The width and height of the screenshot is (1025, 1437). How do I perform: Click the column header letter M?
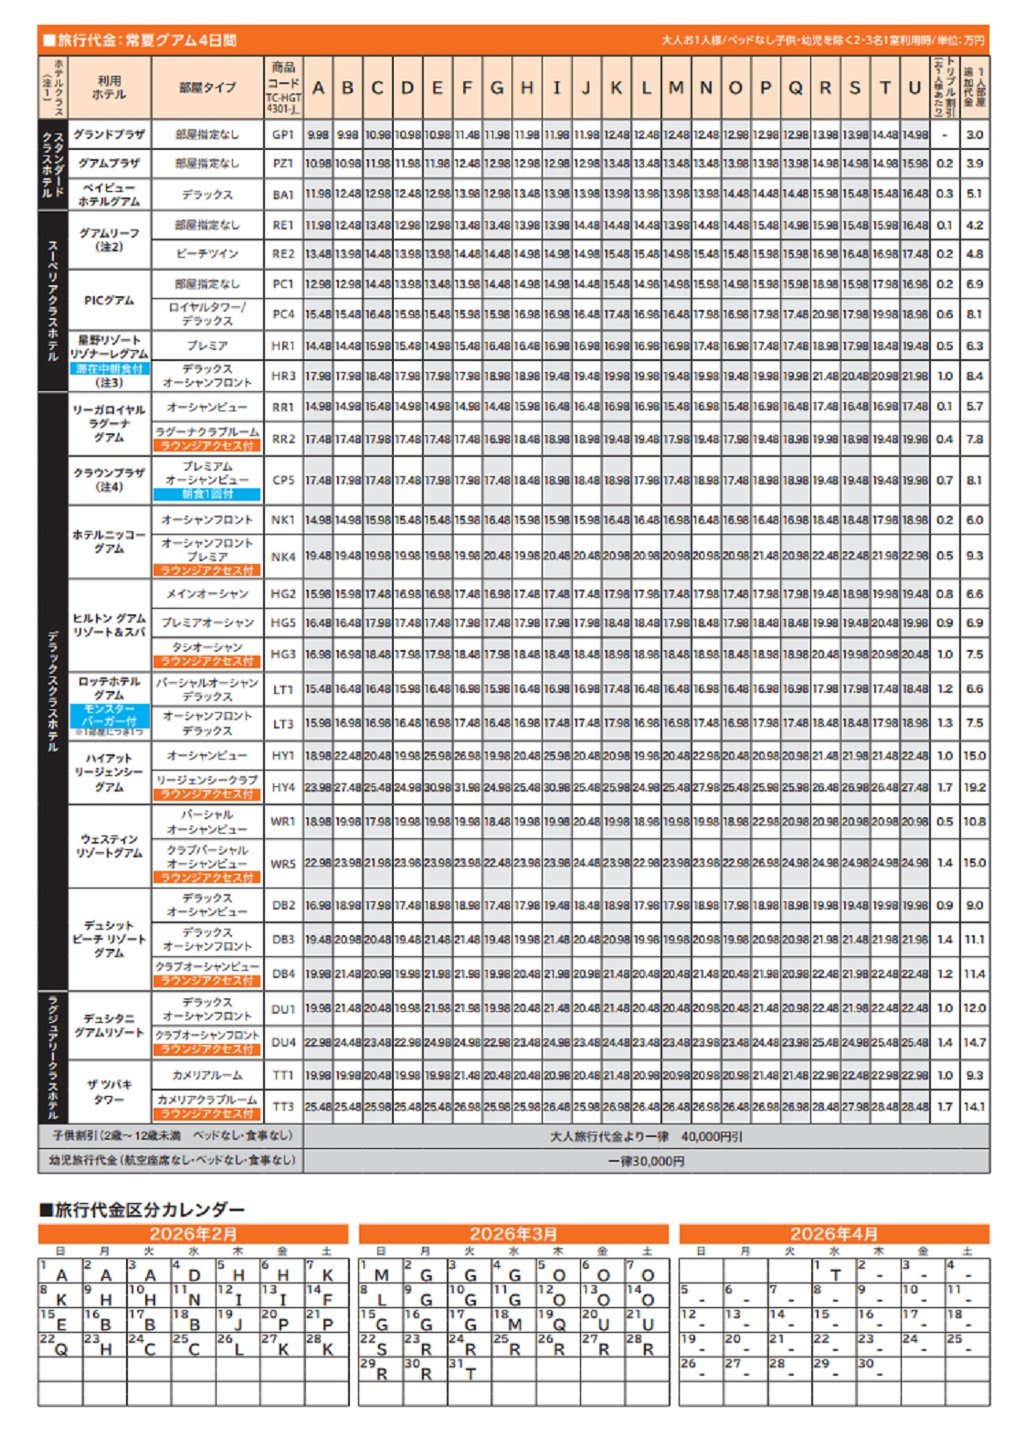[x=676, y=88]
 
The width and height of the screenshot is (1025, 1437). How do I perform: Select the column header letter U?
[x=914, y=88]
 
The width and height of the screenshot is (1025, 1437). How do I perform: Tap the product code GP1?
[x=283, y=134]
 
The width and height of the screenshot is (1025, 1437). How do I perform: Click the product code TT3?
[x=283, y=1106]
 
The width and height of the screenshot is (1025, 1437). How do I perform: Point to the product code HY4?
[x=283, y=787]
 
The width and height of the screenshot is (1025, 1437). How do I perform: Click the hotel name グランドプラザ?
[x=110, y=134]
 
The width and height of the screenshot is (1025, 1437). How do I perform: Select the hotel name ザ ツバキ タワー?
[x=110, y=1091]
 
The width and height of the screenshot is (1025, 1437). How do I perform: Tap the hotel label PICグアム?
[x=110, y=300]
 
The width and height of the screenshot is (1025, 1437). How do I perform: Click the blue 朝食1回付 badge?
[x=207, y=495]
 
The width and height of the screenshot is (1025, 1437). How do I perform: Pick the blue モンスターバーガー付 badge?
[x=110, y=715]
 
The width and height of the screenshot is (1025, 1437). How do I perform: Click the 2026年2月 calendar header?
[x=193, y=1234]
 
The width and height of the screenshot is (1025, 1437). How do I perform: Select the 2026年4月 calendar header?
[x=834, y=1234]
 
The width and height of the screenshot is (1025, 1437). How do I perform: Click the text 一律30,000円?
[x=646, y=1161]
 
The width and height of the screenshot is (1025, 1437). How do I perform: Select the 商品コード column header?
[x=283, y=87]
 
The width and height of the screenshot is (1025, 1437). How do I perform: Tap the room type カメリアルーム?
[x=207, y=1075]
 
